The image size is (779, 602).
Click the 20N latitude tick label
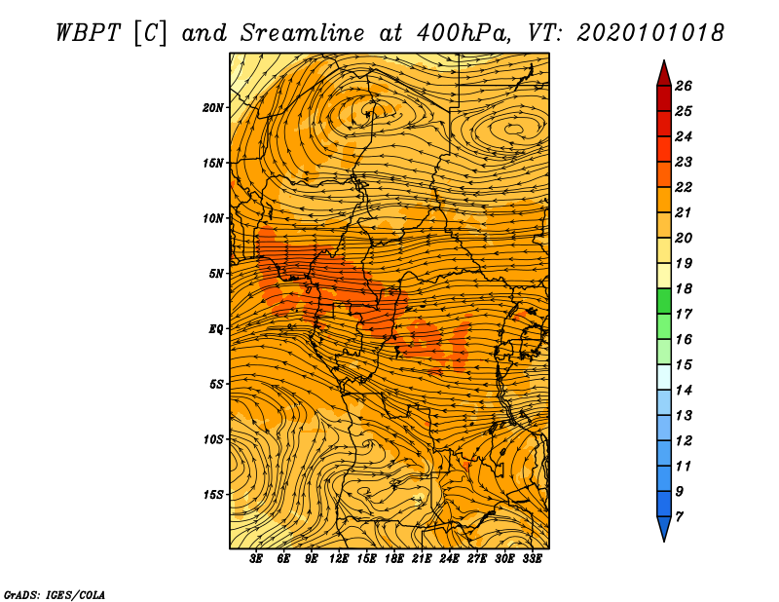point(212,108)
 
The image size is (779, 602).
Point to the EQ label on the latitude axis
point(215,329)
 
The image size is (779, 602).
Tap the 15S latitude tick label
point(213,495)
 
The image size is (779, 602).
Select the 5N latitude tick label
point(215,274)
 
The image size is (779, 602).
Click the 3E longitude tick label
point(256,558)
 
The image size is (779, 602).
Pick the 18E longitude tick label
point(394,558)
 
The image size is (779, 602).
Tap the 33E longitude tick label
point(532,558)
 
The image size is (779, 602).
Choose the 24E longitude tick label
point(449,558)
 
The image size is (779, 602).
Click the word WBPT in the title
point(88,33)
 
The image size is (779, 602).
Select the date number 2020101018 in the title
point(650,33)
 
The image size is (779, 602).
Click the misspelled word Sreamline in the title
point(303,33)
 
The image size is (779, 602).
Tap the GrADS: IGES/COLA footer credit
point(55,594)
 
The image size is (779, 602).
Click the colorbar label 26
point(684,86)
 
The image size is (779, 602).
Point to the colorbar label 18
point(684,288)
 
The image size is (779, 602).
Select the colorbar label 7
point(679,517)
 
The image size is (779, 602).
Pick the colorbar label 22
point(684,187)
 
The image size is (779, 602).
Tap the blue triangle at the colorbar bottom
point(664,528)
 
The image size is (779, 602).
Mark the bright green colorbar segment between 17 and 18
point(664,301)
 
